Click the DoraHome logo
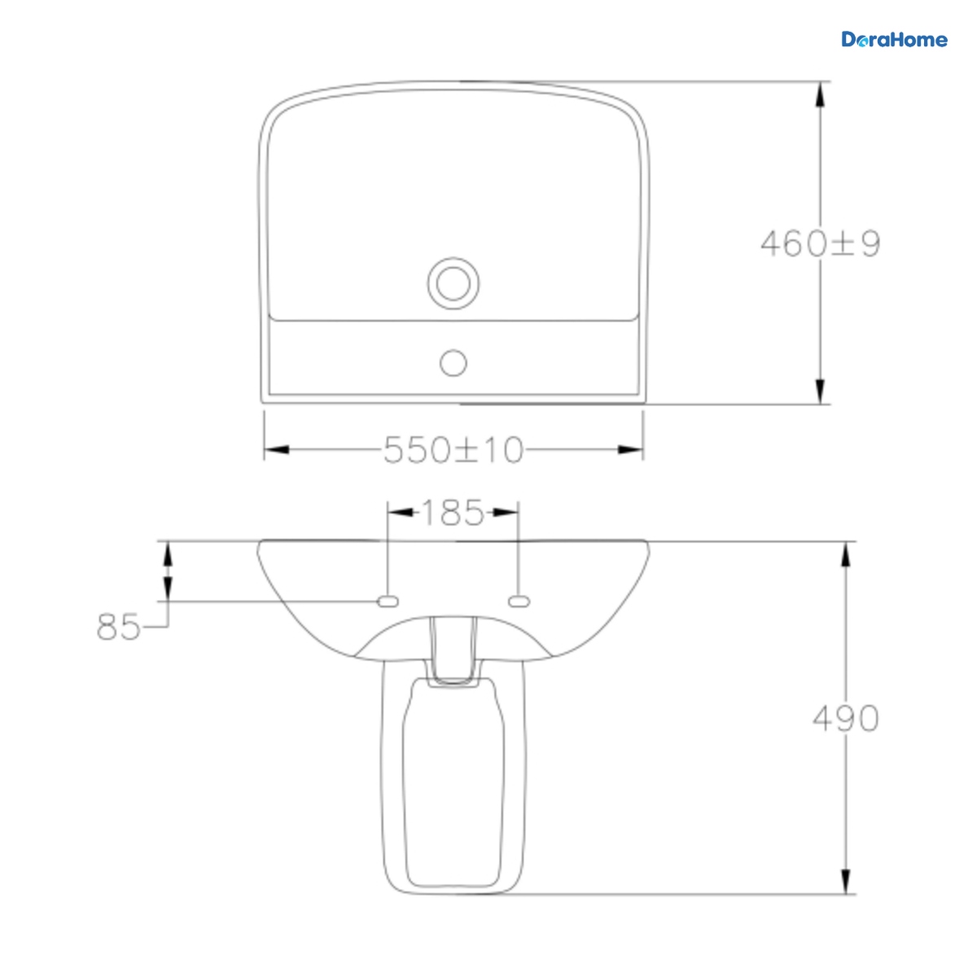pos(894,40)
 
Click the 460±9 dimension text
pos(820,243)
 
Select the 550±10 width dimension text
pos(453,449)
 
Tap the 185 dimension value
pos(453,513)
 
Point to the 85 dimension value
pos(118,627)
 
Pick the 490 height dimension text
pos(846,718)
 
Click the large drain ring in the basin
pos(453,283)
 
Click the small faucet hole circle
pos(453,363)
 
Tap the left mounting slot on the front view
pos(388,602)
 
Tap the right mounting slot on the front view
pos(519,602)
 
